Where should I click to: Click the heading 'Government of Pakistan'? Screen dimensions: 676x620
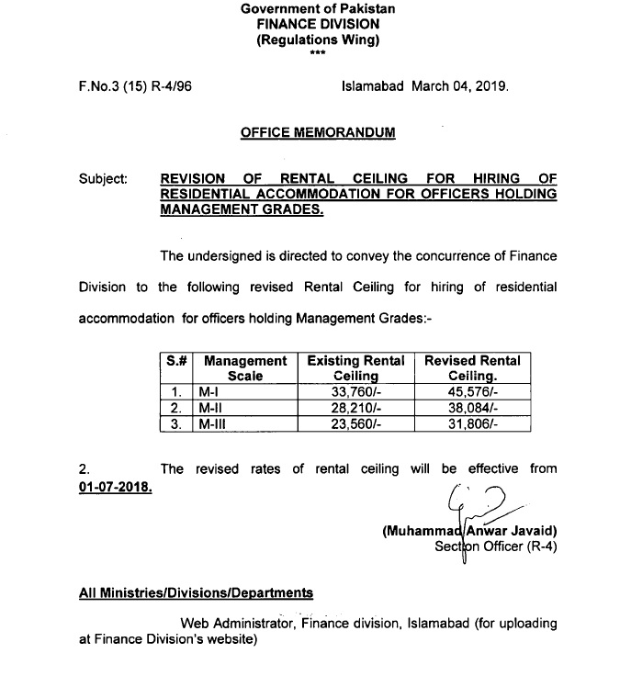(x=318, y=8)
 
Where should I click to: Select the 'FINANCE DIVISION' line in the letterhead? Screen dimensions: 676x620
(x=318, y=25)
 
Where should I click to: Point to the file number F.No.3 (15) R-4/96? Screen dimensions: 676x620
(x=135, y=87)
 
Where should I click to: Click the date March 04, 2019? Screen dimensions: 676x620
(x=459, y=87)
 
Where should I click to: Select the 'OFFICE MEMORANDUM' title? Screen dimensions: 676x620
(x=318, y=132)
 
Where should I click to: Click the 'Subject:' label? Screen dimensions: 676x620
(x=103, y=179)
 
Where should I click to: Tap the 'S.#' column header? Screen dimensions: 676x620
(x=177, y=361)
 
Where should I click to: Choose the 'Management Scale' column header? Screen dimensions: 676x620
(x=245, y=368)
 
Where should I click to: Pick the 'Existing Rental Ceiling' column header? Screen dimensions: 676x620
(x=355, y=368)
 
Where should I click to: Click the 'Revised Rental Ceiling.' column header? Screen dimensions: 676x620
(x=472, y=368)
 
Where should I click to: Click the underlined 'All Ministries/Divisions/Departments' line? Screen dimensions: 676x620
(x=196, y=593)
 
